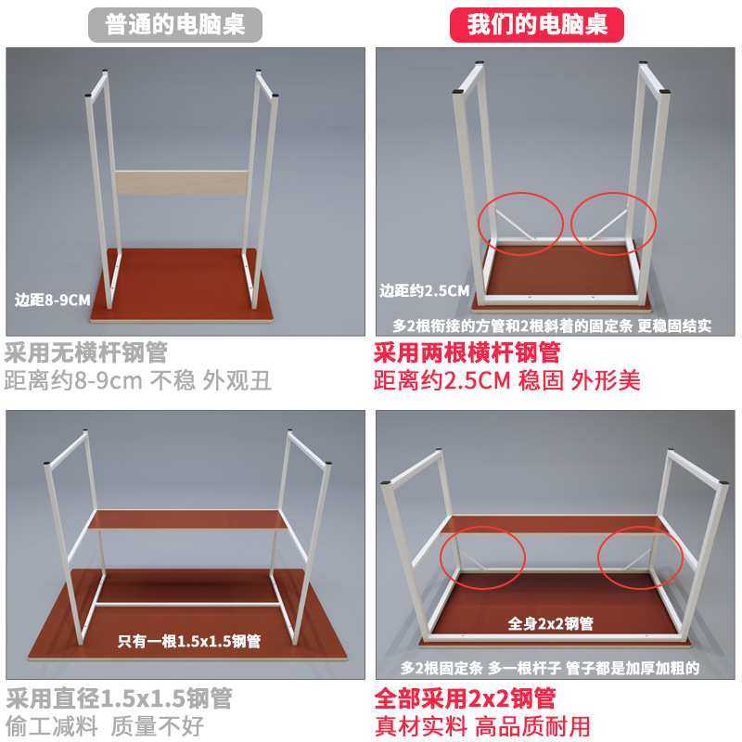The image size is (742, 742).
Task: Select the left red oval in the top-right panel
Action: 520,219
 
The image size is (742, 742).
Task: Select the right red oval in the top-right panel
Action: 613,221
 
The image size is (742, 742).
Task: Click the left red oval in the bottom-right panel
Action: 482,557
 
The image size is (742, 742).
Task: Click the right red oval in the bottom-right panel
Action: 640,557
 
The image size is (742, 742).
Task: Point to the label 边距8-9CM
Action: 54,300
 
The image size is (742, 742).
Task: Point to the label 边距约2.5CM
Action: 425,291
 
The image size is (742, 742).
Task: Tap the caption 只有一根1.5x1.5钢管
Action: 188,640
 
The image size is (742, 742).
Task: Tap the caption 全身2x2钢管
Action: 550,622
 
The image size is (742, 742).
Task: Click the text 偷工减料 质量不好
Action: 105,725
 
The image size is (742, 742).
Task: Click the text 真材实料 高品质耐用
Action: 481,725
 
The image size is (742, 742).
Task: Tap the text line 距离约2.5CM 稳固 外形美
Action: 506,380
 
